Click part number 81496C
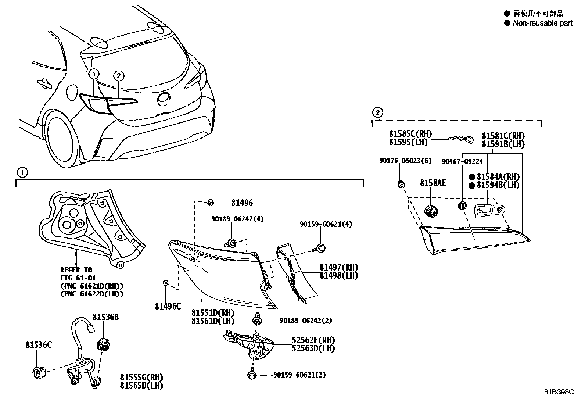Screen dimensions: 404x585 [168, 306]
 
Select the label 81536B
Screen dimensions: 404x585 [105, 317]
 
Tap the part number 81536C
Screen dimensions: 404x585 [39, 345]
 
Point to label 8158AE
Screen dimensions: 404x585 [433, 182]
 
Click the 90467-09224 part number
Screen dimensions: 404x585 [462, 161]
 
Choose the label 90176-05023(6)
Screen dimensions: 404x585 [405, 161]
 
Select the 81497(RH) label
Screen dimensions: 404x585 [338, 268]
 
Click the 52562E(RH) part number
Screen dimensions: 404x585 [313, 340]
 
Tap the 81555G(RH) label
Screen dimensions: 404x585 [141, 378]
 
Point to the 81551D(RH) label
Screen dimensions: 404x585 [213, 313]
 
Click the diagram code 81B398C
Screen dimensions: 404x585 [559, 392]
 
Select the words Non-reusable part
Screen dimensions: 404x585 [542, 23]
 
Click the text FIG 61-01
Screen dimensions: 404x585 [78, 278]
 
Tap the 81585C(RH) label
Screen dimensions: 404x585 [410, 134]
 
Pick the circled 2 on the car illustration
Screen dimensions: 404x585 [118, 76]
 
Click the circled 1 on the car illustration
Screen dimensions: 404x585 [94, 74]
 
